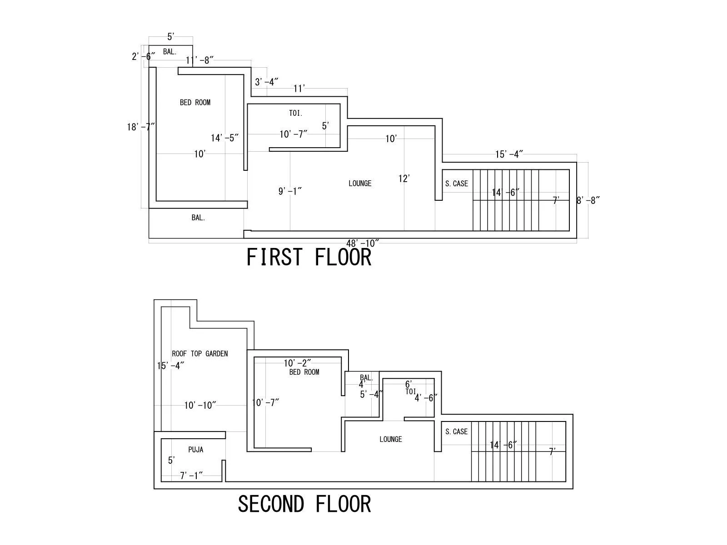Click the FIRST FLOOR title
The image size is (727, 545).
tap(309, 257)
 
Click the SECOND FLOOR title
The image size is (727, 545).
tap(304, 504)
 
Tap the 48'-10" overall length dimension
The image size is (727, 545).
tap(363, 243)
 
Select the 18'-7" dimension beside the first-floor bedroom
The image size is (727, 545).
tap(140, 127)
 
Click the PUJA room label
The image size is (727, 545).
tap(196, 450)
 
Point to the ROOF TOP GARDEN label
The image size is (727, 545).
tap(199, 353)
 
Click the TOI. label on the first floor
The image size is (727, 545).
tap(296, 113)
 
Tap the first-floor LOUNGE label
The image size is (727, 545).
tap(360, 183)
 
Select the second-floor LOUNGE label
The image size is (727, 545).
tap(390, 439)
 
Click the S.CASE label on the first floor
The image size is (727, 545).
tap(456, 183)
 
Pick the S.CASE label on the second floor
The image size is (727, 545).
tap(456, 431)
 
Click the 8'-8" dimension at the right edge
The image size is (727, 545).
tap(588, 200)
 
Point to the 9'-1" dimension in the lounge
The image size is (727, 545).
tap(290, 192)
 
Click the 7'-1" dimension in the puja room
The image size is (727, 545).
tap(191, 476)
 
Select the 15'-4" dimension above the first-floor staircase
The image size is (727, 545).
tap(509, 154)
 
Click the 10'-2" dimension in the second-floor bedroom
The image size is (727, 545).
tap(297, 363)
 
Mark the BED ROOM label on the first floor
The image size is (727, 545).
tap(195, 103)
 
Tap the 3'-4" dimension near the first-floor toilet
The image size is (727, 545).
tap(266, 82)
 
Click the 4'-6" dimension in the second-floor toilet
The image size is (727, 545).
tap(426, 398)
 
